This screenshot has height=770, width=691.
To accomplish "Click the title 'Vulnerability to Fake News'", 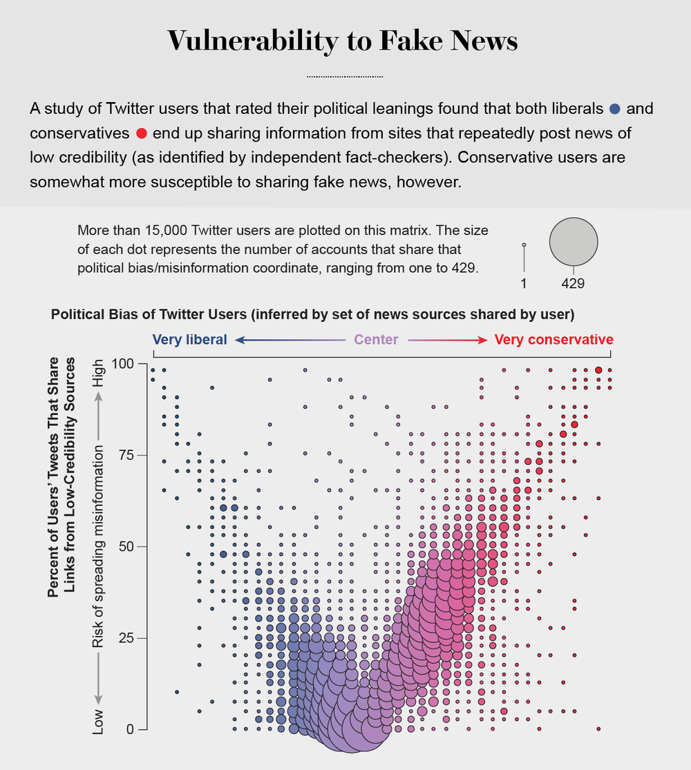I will [x=343, y=41].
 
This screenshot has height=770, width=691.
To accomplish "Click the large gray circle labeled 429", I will [x=573, y=242].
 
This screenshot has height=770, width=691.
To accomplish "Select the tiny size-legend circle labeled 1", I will [x=524, y=245].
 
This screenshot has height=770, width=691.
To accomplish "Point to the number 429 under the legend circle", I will [x=573, y=283].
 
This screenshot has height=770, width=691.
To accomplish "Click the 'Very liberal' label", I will [x=189, y=340].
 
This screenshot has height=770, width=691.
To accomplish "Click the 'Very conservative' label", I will [x=553, y=340].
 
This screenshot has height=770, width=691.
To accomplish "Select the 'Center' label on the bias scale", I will [x=376, y=340].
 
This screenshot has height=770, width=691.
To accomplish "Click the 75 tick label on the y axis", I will [x=126, y=455].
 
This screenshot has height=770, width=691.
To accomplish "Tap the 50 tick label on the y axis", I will [x=126, y=546].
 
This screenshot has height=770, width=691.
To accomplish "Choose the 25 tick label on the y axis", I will [x=126, y=638].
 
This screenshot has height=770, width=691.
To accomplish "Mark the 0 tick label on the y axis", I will [x=131, y=729].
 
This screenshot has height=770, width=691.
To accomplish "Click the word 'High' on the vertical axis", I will [x=98, y=373].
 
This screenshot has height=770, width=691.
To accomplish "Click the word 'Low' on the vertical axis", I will [x=98, y=721].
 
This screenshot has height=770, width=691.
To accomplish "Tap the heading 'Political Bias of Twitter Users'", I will [x=149, y=315].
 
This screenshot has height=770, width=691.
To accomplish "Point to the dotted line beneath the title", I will [x=344, y=76].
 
